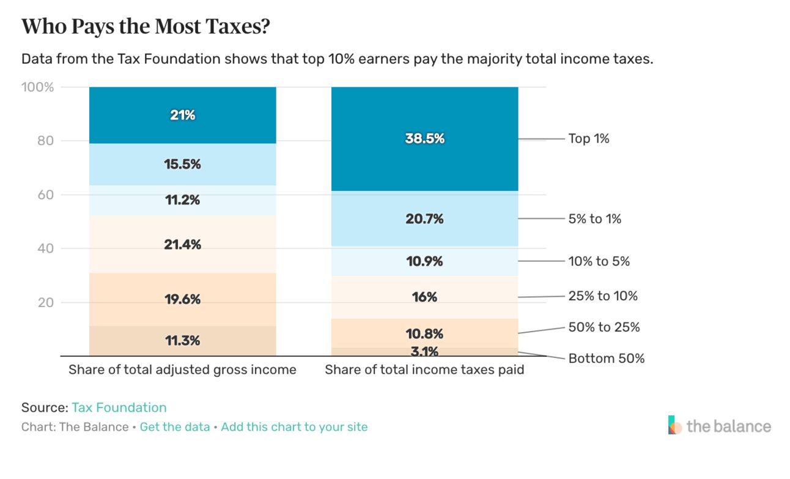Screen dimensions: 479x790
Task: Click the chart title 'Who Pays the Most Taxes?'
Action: click(146, 26)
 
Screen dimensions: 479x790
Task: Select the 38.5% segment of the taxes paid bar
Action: click(424, 139)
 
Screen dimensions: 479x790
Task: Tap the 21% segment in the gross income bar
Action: click(182, 115)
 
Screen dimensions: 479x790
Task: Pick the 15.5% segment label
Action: click(182, 165)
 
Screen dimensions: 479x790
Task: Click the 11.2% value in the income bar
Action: click(182, 200)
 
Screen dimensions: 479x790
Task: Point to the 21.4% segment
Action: click(182, 245)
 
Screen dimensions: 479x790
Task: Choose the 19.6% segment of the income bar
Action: click(182, 299)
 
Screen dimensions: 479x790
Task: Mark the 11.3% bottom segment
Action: click(182, 341)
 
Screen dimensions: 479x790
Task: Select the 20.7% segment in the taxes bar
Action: click(424, 219)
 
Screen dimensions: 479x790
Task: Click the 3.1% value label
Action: click(424, 352)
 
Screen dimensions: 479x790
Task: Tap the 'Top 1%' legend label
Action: click(589, 139)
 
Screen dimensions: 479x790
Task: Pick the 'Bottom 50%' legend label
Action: click(607, 358)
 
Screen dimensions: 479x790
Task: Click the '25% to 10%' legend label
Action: click(603, 296)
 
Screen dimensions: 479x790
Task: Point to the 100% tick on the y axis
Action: click(38, 87)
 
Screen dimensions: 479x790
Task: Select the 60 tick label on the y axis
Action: click(47, 195)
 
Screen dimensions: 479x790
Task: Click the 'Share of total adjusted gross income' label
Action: click(182, 370)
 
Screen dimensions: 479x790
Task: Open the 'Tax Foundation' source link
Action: click(119, 407)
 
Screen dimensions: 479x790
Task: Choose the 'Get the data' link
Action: click(175, 427)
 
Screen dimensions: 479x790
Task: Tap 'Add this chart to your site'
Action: click(294, 427)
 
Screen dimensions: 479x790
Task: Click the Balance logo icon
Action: click(675, 425)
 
